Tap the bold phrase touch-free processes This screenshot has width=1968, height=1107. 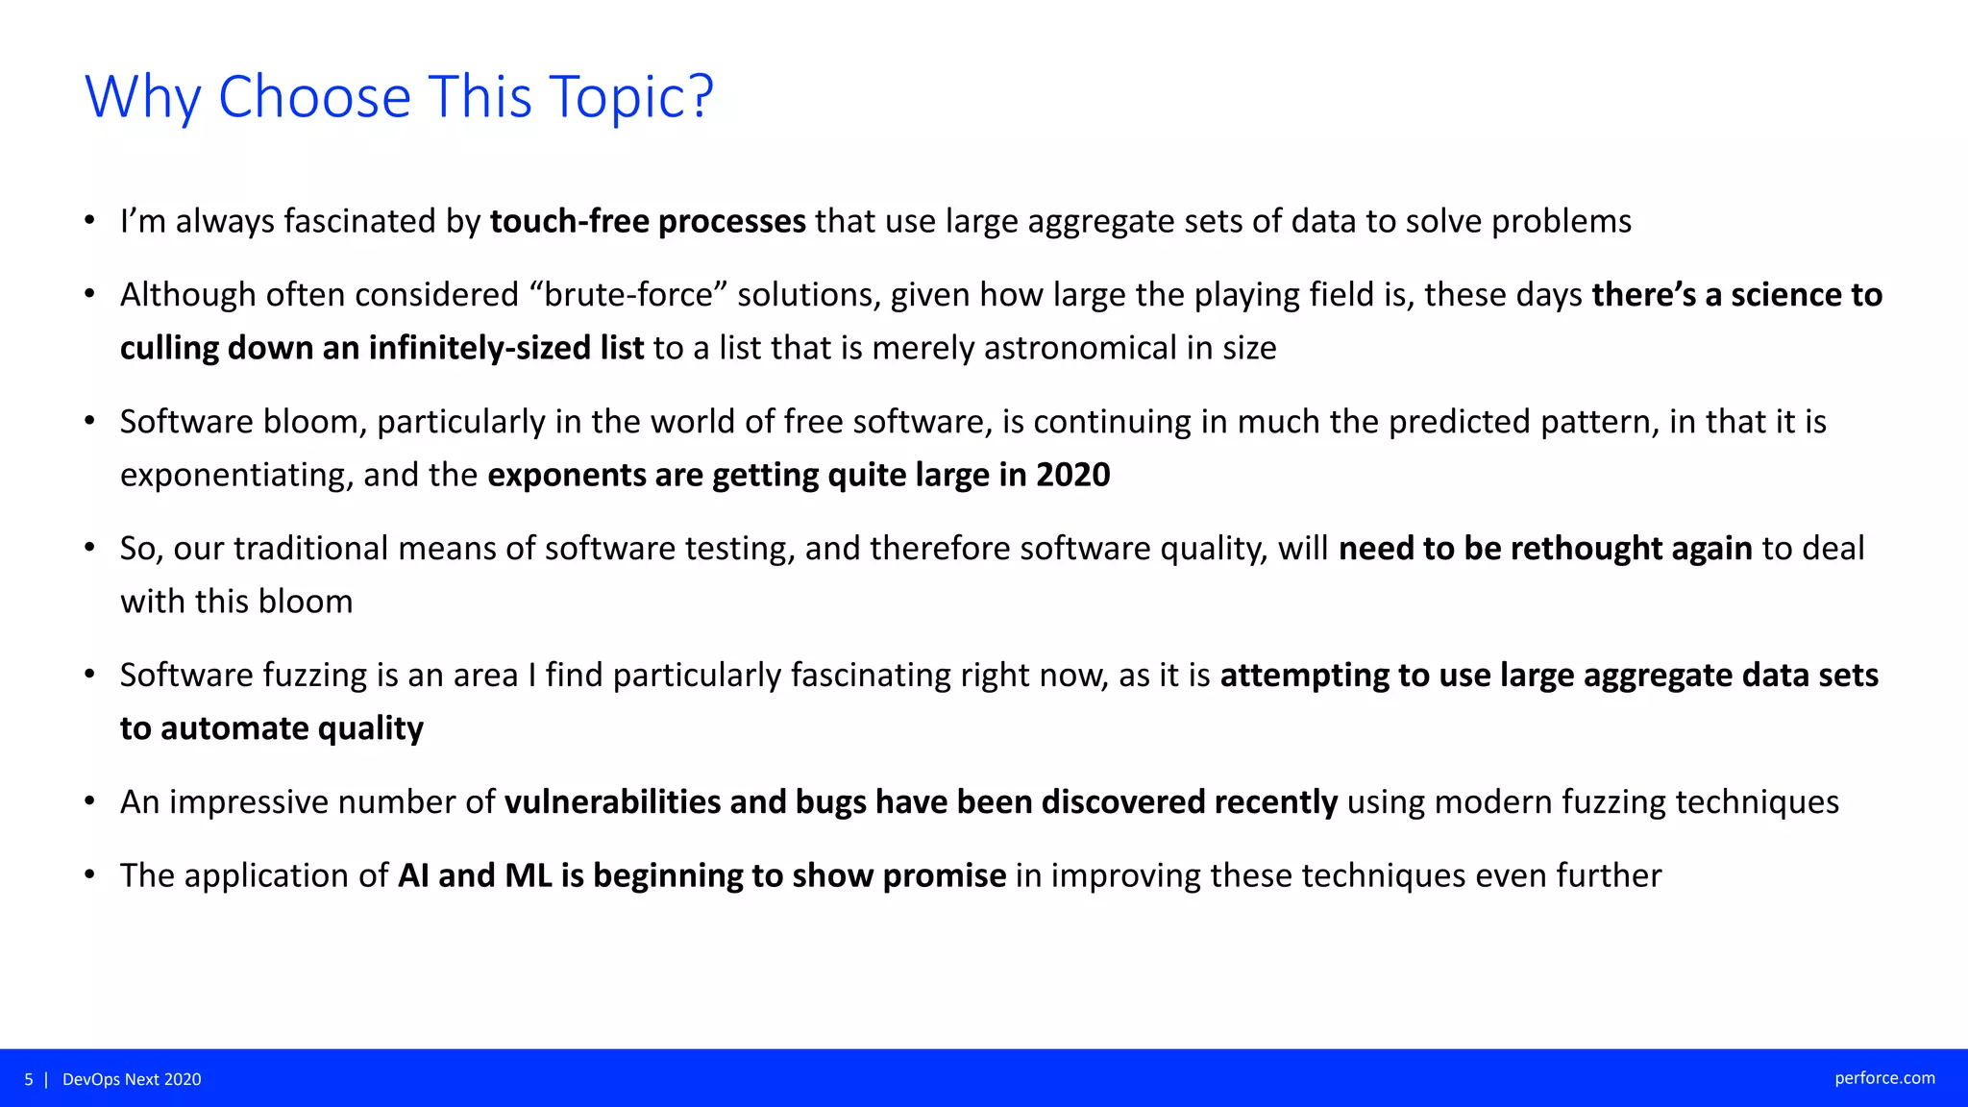pos(648,222)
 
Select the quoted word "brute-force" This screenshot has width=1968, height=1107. pos(628,295)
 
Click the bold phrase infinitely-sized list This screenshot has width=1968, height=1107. pos(506,348)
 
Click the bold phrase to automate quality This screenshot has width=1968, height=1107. pos(272,728)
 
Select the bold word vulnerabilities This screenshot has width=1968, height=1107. pos(612,802)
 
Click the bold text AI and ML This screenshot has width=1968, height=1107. pos(475,876)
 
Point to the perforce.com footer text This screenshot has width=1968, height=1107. pos(1884,1078)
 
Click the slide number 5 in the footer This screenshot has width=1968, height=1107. pos(29,1079)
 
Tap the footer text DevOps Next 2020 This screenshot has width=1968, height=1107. pos(132,1079)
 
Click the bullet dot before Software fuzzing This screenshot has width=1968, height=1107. pos(89,675)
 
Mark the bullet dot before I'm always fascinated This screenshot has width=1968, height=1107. pos(89,221)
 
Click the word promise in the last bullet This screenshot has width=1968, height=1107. pos(944,876)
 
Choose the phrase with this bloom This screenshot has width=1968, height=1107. pos(236,602)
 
